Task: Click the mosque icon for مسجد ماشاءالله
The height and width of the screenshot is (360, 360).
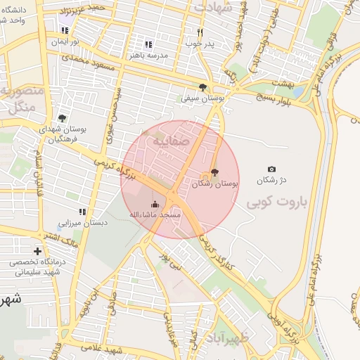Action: coord(155,204)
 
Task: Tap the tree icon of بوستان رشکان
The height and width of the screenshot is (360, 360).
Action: coord(214,173)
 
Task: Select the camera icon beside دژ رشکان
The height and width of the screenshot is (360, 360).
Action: coord(271,169)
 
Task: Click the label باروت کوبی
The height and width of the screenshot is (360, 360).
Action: coord(278,203)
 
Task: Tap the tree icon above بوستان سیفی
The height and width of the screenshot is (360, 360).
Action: coord(202,87)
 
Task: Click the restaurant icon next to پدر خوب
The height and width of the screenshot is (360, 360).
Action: coord(200,32)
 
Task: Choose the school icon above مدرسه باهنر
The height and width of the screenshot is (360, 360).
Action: coord(148,44)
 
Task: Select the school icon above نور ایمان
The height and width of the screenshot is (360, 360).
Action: coord(65,31)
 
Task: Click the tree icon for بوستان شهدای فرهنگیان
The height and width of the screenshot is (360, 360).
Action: coord(62,118)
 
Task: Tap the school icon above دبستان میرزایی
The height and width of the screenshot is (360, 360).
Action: coord(82,212)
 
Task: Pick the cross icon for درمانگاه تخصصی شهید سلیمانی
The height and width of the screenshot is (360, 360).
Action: coord(37,251)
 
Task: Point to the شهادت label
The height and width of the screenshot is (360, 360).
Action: coord(214,6)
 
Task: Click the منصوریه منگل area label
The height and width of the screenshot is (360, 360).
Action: coord(22,98)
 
